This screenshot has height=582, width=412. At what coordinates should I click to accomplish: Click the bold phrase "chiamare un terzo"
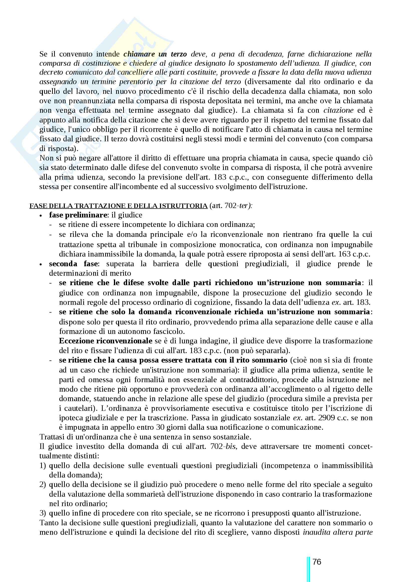155,54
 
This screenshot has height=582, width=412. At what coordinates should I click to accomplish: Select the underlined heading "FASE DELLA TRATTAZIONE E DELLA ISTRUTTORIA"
119,206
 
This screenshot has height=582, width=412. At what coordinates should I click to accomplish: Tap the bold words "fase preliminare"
78,215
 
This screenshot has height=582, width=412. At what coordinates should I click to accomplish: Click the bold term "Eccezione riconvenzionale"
106,341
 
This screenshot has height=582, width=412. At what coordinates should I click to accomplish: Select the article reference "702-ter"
236,206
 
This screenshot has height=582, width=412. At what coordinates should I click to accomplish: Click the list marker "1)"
43,465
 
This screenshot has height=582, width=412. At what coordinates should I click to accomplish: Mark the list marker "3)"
43,513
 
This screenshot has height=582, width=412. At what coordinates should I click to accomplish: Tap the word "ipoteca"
70,418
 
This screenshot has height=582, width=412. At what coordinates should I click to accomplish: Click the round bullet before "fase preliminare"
41,215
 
